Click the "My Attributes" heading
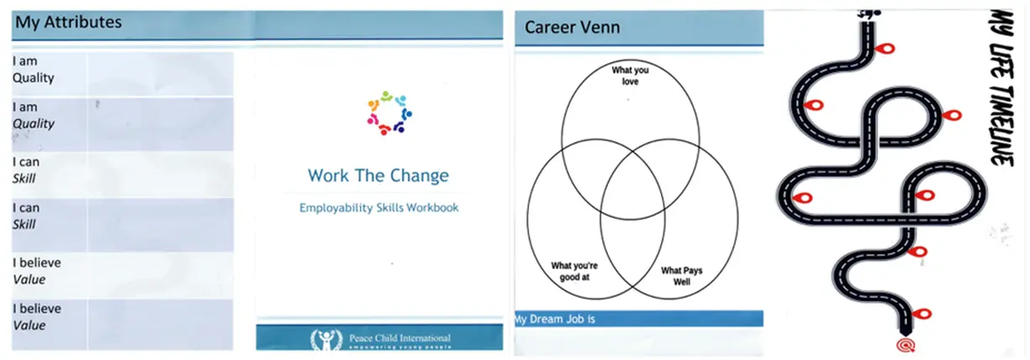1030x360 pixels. coord(68,22)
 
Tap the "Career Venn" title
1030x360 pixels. coord(572,27)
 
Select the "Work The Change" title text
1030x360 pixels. coord(378,176)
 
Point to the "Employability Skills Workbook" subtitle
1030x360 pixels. coord(379,208)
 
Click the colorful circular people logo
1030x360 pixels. coord(389,113)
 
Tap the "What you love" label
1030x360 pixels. coord(630,76)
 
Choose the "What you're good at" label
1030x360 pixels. coord(574,272)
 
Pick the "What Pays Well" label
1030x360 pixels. coord(681,276)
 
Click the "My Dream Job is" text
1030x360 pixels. coord(555,319)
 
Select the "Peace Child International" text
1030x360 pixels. coord(399,338)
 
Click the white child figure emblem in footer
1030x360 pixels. coord(326,340)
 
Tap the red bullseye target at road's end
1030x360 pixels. coord(906,345)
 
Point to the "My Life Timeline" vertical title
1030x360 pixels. coord(1001,87)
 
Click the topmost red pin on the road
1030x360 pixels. coord(885,49)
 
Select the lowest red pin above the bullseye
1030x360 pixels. coord(921,314)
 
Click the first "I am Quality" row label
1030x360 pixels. coord(33,70)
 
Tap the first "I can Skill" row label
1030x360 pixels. coord(26,170)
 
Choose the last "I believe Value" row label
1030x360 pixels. coord(37,317)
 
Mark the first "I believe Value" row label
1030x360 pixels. coord(37,271)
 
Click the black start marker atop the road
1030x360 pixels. coord(869,14)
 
